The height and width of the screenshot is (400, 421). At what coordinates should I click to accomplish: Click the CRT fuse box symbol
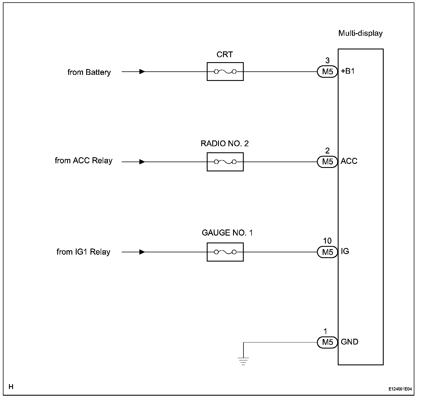pos(225,71)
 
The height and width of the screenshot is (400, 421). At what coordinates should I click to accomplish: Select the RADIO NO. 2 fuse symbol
pos(225,162)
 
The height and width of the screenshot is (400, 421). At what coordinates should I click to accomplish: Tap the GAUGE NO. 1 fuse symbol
pos(225,252)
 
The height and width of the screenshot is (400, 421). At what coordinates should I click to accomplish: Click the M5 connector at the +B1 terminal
pos(327,71)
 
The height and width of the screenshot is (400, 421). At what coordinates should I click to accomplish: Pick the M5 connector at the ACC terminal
pos(327,162)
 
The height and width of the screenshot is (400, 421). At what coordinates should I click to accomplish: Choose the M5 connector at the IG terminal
pos(327,252)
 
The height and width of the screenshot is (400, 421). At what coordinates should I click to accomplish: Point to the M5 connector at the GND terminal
pos(327,342)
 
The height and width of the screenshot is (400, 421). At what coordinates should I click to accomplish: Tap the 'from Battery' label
pos(89,72)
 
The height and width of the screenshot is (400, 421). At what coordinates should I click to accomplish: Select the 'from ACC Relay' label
pos(84,161)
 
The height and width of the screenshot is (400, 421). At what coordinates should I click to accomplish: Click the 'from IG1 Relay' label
pos(83,252)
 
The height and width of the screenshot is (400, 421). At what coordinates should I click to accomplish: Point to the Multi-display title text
pos(360,34)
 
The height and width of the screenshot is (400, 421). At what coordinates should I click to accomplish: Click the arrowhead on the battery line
pos(142,71)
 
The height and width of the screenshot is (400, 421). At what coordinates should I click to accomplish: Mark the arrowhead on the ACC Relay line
pos(142,162)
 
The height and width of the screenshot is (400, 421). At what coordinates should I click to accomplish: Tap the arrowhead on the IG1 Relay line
pos(142,252)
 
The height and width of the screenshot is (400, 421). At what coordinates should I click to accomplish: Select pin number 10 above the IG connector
pos(327,241)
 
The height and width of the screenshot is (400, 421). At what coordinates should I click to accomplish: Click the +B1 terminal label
pos(348,71)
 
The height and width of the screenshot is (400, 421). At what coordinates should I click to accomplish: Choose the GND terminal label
pos(350,342)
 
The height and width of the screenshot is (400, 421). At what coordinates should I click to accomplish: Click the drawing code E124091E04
pos(400,389)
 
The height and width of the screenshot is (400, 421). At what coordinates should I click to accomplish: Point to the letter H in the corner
pos(11,386)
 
